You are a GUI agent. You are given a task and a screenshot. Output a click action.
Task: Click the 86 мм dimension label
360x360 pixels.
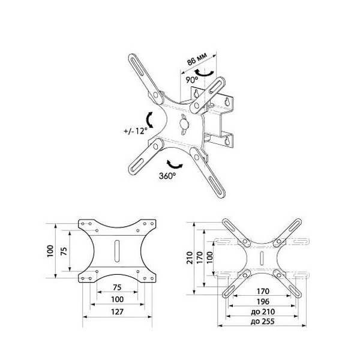197,59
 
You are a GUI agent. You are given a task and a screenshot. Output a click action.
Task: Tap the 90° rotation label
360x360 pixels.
192,80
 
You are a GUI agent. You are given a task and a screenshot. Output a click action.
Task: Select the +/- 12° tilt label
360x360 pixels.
136,131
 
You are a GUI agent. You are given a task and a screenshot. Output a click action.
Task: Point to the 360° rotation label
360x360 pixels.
167,176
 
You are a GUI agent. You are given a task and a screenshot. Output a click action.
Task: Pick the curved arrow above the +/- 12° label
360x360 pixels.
149,120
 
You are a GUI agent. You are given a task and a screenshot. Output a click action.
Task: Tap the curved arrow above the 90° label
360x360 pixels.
205,73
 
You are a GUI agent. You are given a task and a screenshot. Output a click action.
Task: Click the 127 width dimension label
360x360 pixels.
117,312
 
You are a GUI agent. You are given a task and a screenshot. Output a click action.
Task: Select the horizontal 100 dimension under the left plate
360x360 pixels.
118,299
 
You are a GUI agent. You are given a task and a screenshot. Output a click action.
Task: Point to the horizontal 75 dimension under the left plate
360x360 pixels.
117,287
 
